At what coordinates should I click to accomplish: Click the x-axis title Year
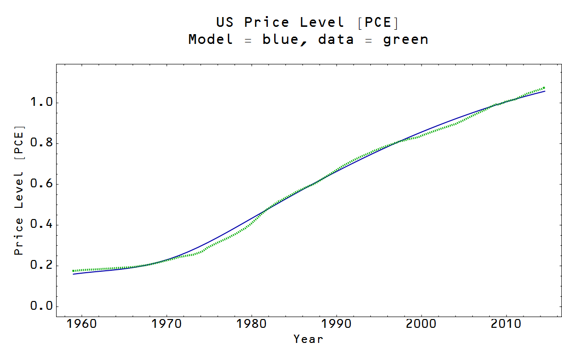click(308, 339)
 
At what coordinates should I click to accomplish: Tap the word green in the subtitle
click(405, 40)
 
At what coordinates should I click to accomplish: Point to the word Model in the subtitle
click(211, 40)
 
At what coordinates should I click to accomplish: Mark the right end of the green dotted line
click(544, 88)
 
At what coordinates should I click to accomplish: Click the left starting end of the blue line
click(74, 274)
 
